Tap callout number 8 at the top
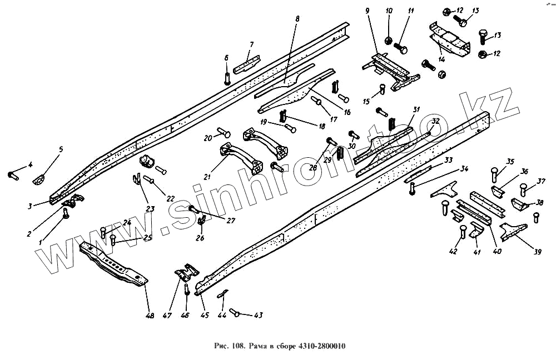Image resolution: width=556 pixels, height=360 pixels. [x=297, y=19]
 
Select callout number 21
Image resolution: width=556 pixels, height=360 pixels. [x=207, y=177]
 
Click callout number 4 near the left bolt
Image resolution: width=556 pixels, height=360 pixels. [x=31, y=164]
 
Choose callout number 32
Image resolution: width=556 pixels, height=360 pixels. [x=435, y=121]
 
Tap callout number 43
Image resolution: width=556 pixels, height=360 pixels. [x=258, y=315]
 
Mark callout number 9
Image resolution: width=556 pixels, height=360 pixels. [x=367, y=11]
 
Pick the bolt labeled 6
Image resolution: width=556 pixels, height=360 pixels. [x=227, y=78]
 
